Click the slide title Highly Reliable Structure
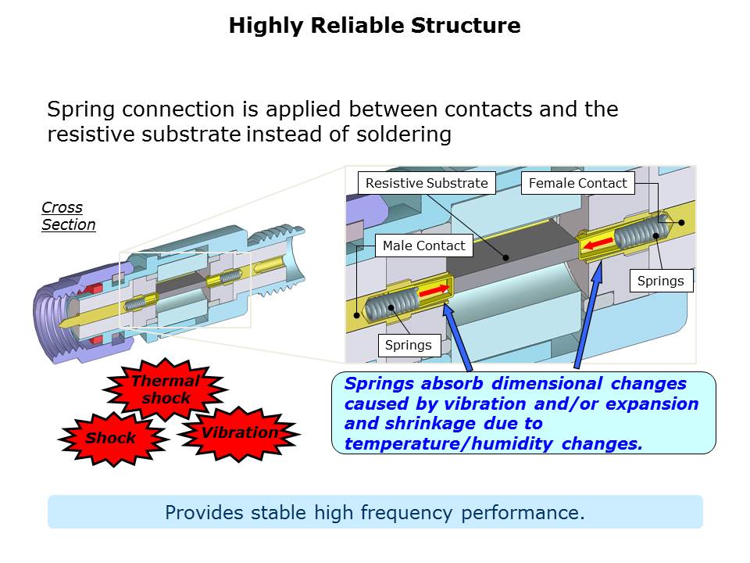[374, 26]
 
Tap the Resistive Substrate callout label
[427, 183]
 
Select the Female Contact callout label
[578, 183]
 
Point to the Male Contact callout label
[423, 246]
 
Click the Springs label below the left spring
[408, 345]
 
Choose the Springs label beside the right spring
[661, 281]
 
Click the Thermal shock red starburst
[165, 389]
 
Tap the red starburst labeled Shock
[111, 438]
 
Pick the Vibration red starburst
[239, 432]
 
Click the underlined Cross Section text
[68, 217]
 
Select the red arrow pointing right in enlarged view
[435, 290]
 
